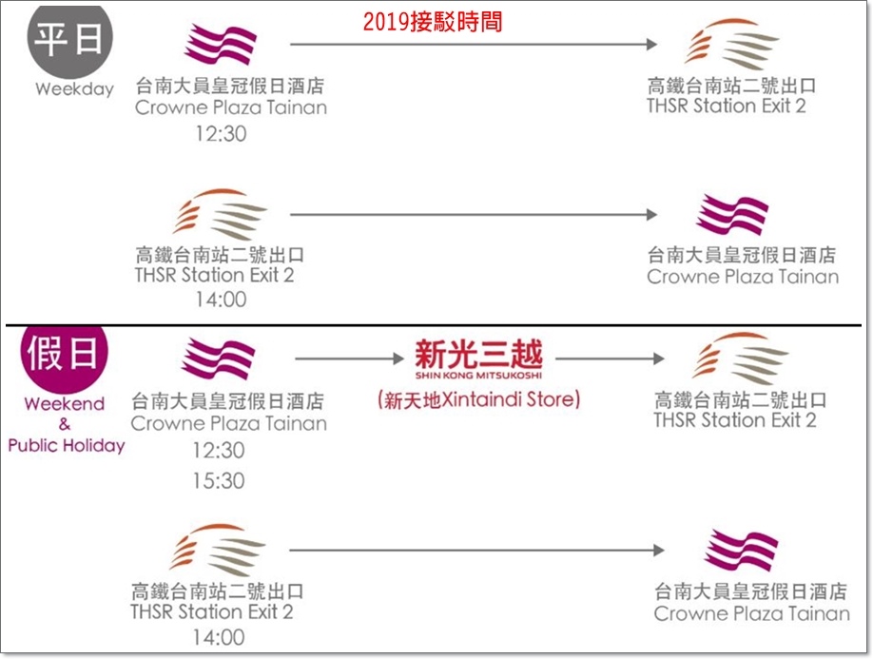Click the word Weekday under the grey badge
pos(74,89)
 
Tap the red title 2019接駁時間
pos(432,22)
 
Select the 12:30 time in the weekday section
pos(221,133)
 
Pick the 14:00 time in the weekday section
pos(221,300)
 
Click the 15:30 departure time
pos(218,481)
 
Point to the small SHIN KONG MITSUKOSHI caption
pos(478,375)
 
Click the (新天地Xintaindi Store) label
pos(477,399)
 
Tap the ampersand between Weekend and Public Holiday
pos(65,424)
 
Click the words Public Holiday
pos(66,445)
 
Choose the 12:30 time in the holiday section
pos(218,450)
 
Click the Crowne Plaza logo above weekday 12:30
pos(221,46)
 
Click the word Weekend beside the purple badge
pos(65,403)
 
